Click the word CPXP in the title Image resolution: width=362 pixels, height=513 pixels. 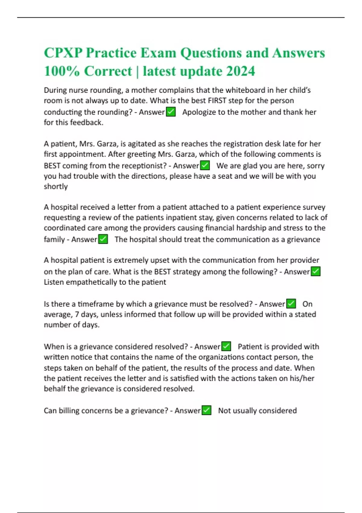tap(63, 53)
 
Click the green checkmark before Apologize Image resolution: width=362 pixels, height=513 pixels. tap(171, 112)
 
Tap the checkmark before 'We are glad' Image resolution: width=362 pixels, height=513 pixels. tap(205, 165)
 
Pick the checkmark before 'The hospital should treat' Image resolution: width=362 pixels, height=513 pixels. tap(103, 239)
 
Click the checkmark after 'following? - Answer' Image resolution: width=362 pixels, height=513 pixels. tap(316, 272)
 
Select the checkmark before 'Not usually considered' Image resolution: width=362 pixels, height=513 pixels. tap(206, 410)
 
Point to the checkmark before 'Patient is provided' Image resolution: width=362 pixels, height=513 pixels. tap(226, 346)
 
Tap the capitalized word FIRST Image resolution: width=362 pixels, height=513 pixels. tap(217, 100)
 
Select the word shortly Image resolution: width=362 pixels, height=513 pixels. tap(56, 186)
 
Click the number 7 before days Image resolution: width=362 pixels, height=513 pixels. tap(77, 314)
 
